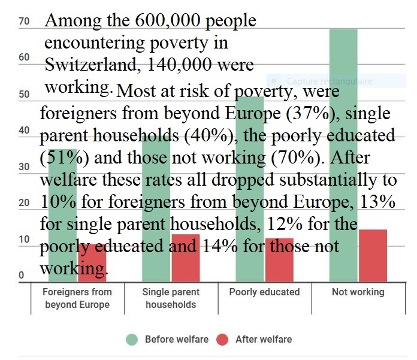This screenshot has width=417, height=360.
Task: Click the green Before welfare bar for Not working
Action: [x=343, y=60]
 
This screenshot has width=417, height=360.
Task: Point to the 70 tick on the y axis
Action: [x=25, y=22]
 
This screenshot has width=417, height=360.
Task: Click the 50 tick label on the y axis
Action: [x=25, y=94]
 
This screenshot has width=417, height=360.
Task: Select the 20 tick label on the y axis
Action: [x=25, y=203]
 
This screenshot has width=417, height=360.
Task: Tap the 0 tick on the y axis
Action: [x=21, y=276]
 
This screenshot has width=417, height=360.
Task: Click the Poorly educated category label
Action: [x=264, y=292]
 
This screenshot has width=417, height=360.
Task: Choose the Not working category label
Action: [x=358, y=292]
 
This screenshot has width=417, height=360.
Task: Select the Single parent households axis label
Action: [x=171, y=298]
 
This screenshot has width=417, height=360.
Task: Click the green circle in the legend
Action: [x=132, y=340]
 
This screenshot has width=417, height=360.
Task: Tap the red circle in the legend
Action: [x=223, y=340]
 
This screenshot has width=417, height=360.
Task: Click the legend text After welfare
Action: [x=264, y=340]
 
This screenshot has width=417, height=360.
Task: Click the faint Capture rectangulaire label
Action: [x=330, y=81]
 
